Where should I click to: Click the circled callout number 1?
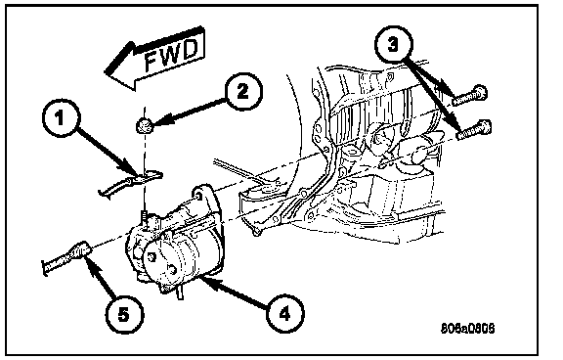60,117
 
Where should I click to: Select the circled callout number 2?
243,91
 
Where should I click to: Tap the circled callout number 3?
393,44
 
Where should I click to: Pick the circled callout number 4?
284,314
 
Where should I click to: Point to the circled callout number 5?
123,315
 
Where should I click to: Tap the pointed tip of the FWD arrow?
105,71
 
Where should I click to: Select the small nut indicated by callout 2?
145,126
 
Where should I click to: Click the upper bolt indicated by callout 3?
469,95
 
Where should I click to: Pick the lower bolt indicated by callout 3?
474,130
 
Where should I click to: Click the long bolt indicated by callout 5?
67,257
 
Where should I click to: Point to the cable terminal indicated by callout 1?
130,182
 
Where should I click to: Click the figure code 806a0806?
468,329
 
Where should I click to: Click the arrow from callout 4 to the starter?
236,292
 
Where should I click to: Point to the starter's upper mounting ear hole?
197,195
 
